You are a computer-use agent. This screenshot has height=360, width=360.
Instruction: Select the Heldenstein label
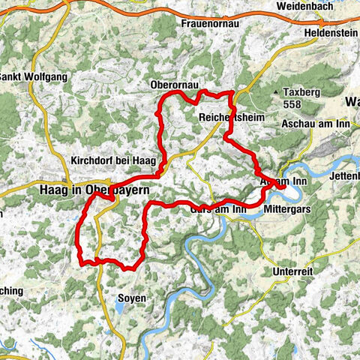click(x=331, y=34)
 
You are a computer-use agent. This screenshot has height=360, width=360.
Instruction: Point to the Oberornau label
click(x=175, y=85)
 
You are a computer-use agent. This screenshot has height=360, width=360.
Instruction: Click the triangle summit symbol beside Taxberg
click(x=287, y=91)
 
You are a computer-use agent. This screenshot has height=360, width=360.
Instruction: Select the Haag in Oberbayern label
click(x=98, y=190)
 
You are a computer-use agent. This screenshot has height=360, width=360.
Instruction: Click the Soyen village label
click(x=132, y=298)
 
